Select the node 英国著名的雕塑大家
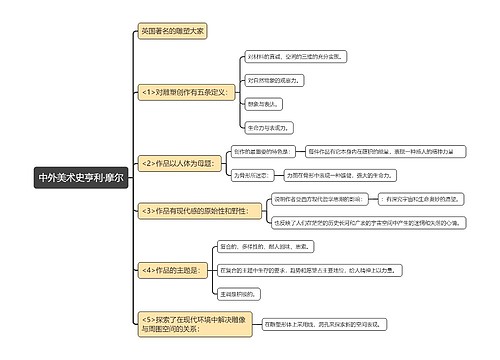171,32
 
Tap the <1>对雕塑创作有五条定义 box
186,92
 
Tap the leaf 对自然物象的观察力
273,80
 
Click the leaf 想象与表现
258,103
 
